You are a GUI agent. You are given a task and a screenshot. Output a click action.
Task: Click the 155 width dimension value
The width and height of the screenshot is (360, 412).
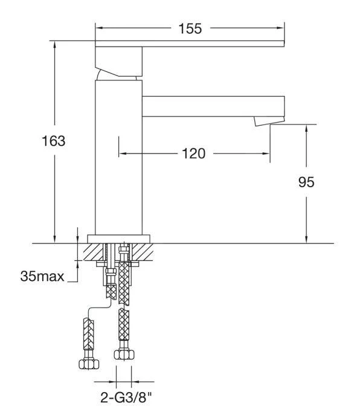pyautogui.click(x=190, y=28)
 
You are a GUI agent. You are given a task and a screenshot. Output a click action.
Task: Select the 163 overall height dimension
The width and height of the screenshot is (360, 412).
pyautogui.click(x=53, y=142)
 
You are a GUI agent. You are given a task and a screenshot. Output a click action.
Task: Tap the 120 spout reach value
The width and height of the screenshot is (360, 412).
pyautogui.click(x=193, y=153)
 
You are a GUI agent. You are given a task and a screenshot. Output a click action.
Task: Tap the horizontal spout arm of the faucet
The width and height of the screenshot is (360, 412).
pyautogui.click(x=211, y=106)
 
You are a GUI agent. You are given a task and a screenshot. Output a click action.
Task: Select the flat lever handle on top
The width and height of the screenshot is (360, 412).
pyautogui.click(x=190, y=45)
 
